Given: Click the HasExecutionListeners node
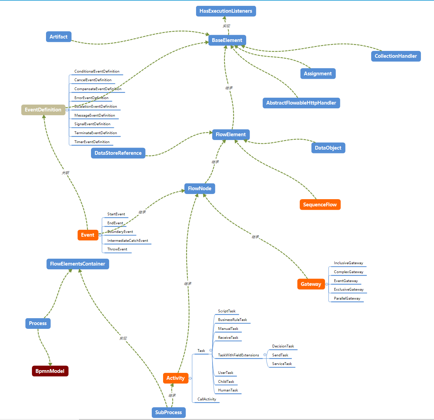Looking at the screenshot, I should pos(226,11).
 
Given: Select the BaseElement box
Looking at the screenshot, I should pos(227,40).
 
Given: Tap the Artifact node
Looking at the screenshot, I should pos(58,37).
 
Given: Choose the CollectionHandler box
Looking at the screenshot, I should pos(396,56).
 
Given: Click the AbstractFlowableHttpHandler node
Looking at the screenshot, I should pos(301,103).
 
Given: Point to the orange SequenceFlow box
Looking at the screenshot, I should pos(320,205).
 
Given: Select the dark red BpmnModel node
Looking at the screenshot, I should pos(50,371).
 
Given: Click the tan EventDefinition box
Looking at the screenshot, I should pos(43,110).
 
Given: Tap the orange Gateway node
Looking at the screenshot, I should pos(311,284).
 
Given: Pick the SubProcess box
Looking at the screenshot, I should pos(168,412).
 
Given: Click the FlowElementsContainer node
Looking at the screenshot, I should pos(78,264).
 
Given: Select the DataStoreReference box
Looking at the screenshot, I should pos(118,153).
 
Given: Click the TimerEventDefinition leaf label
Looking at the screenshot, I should pos(92,142).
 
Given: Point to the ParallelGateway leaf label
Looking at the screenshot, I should pos(347,298).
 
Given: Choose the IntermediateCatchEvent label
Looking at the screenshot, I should pos(128,240).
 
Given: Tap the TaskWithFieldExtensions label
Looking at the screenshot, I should pos(238,355).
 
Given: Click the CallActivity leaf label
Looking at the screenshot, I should pos(207,399).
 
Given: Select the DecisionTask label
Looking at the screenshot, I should pos(283,346).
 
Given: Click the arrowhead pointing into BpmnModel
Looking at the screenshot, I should pos(50,364).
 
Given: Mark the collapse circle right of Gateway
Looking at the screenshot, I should pos(327,284).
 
